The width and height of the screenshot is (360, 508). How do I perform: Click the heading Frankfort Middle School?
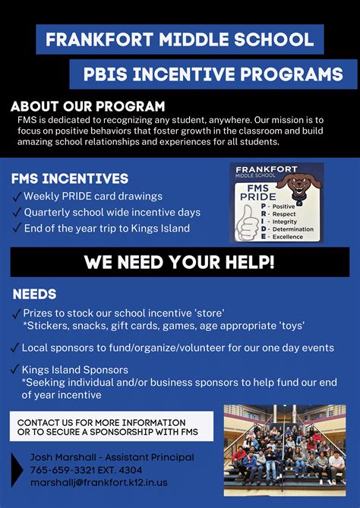179,39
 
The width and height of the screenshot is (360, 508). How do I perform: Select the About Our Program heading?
88,106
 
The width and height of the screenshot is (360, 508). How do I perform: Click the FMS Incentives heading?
69,179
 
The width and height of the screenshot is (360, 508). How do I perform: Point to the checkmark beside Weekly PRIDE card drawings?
16,197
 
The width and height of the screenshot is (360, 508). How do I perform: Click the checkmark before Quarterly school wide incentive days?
16,213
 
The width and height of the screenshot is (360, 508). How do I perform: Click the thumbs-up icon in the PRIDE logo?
247,221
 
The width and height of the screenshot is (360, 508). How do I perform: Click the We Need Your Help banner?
179,263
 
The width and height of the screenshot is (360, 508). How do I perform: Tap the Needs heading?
34,294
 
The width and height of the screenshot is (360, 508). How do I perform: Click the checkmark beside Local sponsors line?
16,348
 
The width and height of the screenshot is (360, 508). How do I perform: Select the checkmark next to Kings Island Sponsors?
16,370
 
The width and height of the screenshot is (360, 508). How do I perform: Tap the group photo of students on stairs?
284,445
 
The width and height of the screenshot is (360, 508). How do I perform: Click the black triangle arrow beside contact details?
17,469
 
